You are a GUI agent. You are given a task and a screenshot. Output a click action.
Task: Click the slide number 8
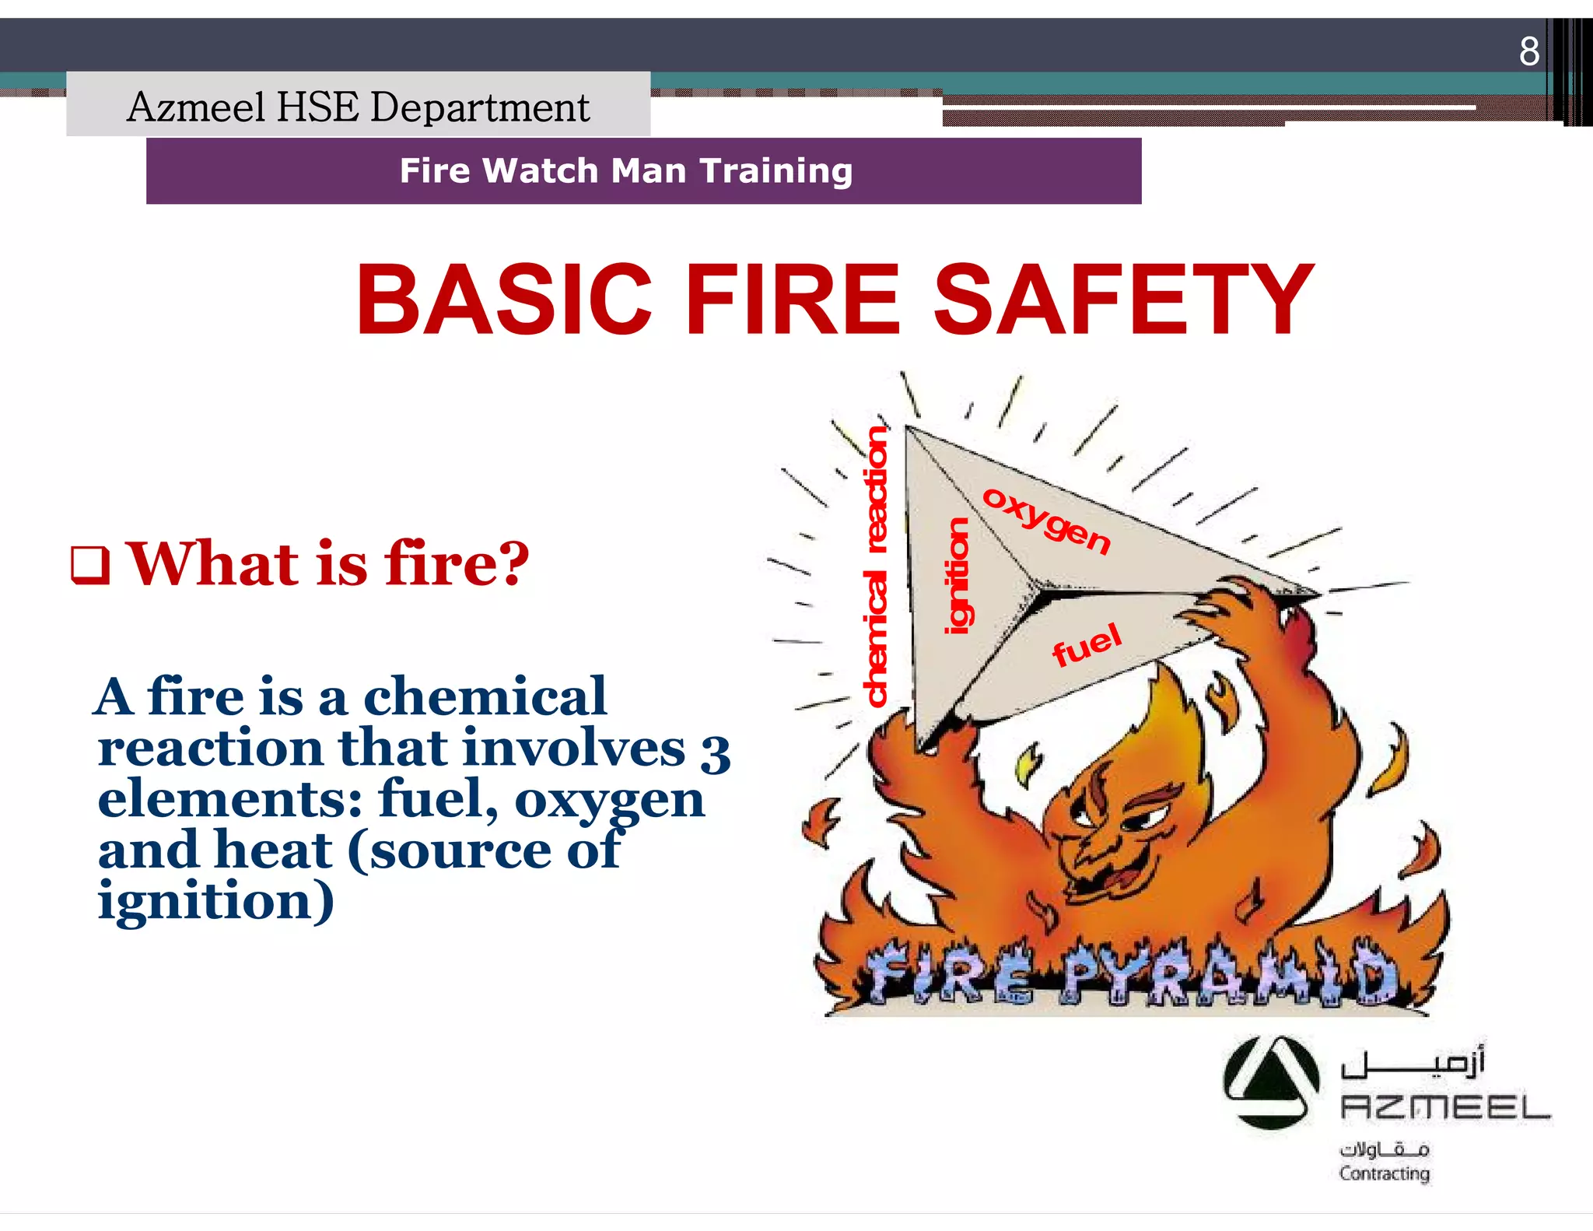tap(1528, 51)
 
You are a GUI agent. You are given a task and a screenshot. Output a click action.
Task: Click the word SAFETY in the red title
tap(1124, 300)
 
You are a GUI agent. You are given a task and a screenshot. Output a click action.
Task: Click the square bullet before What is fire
tap(90, 566)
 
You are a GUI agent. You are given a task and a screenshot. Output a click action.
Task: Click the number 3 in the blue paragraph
tap(716, 751)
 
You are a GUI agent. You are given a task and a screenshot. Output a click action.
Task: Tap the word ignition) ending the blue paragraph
tap(216, 901)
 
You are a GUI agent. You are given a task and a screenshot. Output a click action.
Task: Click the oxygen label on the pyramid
tap(1046, 520)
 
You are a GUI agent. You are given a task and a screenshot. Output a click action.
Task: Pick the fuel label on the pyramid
tap(1087, 644)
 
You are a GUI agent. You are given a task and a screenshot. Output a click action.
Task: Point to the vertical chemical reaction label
tap(877, 566)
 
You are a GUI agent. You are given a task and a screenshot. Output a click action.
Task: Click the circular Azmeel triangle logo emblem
tap(1270, 1082)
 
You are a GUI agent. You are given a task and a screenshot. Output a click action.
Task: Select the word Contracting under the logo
tap(1384, 1173)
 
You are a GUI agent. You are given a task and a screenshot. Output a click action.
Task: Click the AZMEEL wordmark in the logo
tap(1445, 1106)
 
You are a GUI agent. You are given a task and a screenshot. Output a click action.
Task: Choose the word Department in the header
tap(480, 107)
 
